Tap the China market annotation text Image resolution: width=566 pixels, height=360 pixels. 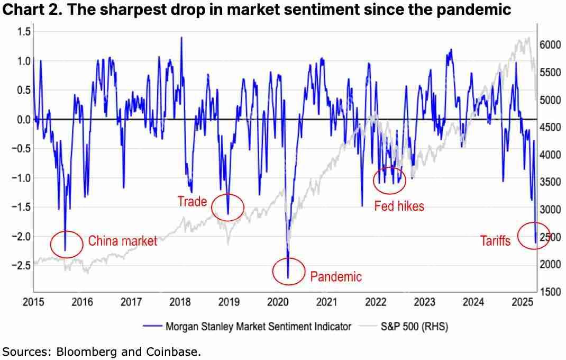(x=122, y=241)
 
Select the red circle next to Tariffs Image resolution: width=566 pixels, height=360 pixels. (x=534, y=236)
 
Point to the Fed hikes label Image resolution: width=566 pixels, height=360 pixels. (x=399, y=206)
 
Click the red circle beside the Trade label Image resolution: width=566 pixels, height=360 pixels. (x=228, y=207)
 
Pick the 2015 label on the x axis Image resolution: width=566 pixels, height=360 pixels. (x=34, y=302)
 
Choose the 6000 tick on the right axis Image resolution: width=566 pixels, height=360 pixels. (x=551, y=45)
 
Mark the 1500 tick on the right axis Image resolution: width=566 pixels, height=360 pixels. (x=551, y=292)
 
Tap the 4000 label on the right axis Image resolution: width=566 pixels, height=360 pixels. (x=551, y=155)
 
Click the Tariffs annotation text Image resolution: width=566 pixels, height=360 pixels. (x=495, y=241)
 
